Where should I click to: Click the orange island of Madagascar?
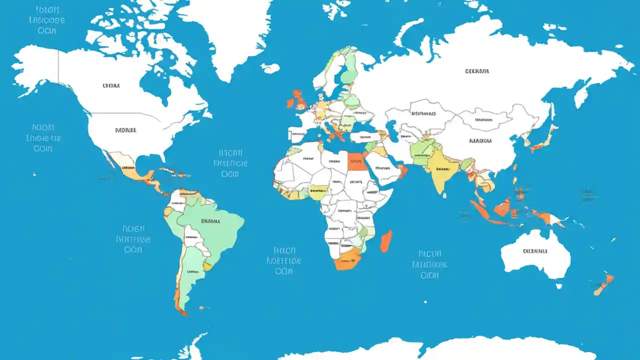[385, 241]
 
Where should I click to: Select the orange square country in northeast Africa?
[356, 161]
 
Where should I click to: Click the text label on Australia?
[535, 251]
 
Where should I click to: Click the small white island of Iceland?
[270, 68]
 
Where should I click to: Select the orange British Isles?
[299, 99]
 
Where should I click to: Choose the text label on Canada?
[111, 85]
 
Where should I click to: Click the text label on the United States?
[125, 130]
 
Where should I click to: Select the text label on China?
[480, 141]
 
